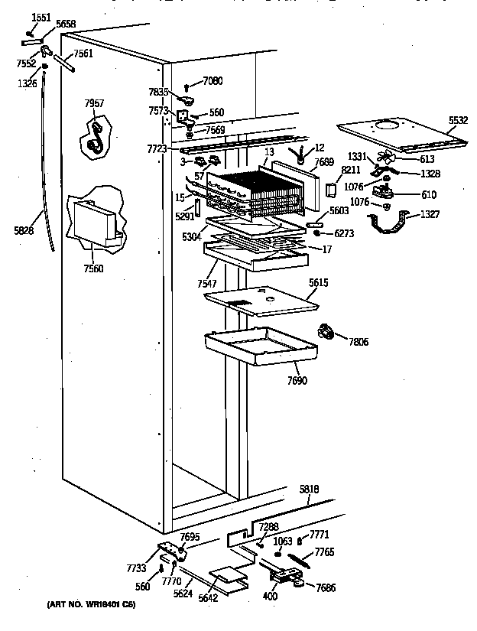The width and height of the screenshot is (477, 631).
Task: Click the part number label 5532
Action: click(x=458, y=121)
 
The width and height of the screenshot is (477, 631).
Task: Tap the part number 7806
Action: click(x=357, y=341)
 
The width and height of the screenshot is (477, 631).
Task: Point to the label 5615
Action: click(x=320, y=282)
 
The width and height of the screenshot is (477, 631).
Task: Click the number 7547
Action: click(x=206, y=284)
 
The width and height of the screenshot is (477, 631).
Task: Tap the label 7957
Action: click(x=95, y=102)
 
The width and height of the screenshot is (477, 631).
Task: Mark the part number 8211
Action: click(x=351, y=170)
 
